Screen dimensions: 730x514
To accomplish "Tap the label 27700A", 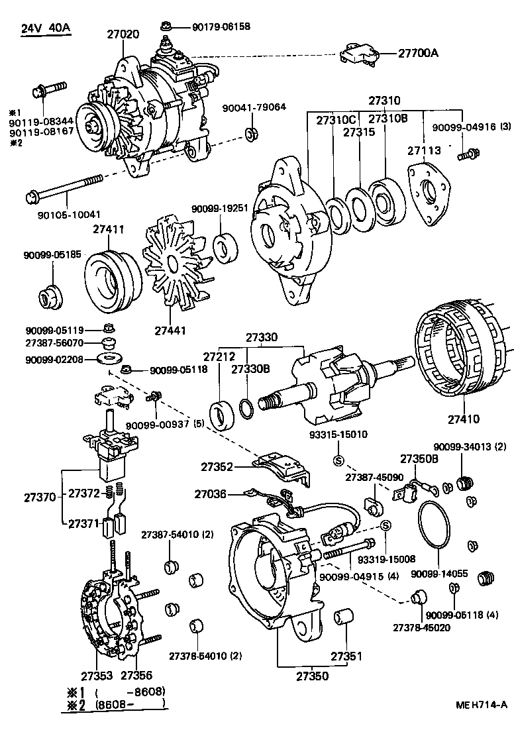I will pos(418,53).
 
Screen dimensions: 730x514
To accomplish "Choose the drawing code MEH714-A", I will pos(481,704).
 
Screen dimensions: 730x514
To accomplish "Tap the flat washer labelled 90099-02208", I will pos(105,358).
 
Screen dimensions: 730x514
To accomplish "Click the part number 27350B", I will pos(419,458).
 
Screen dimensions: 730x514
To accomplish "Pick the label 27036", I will pos(210,494).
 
